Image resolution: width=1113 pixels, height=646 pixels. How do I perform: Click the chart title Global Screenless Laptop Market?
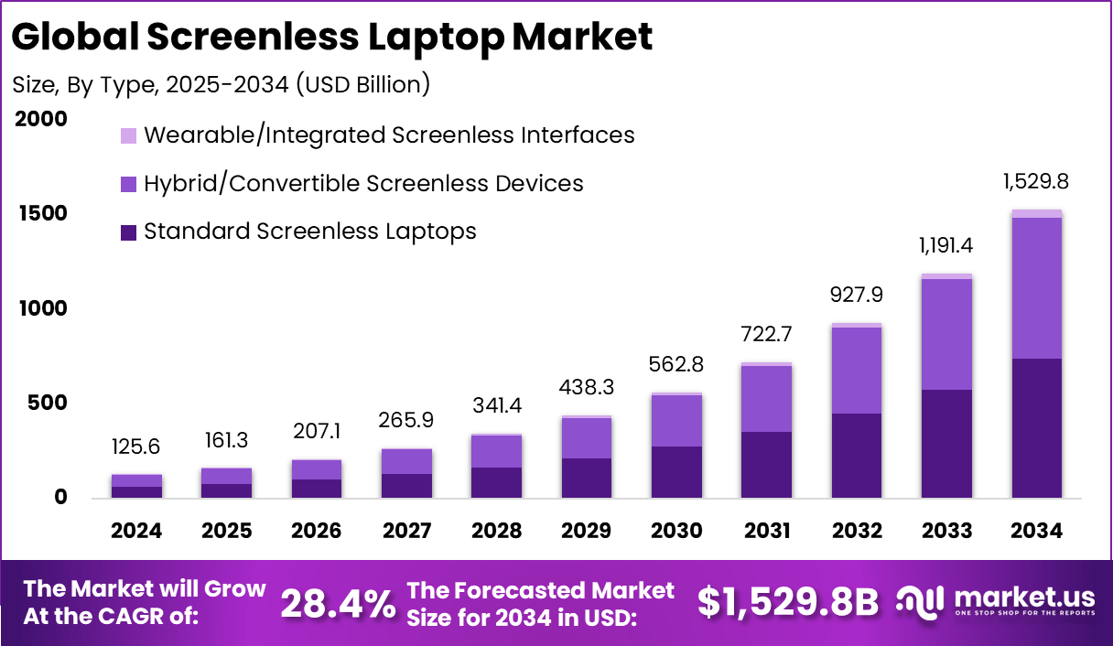pyautogui.click(x=332, y=37)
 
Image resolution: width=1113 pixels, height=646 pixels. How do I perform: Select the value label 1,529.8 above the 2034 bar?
pyautogui.click(x=1036, y=181)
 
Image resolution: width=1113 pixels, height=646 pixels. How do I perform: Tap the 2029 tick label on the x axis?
pyautogui.click(x=587, y=531)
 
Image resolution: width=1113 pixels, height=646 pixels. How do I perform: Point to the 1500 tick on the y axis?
pyautogui.click(x=42, y=213)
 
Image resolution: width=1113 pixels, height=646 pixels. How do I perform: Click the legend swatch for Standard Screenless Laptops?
pyautogui.click(x=128, y=232)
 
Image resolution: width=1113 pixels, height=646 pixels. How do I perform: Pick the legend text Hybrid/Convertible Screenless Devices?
pyautogui.click(x=363, y=183)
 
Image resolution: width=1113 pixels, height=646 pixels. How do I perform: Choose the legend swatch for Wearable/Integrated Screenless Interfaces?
pyautogui.click(x=128, y=135)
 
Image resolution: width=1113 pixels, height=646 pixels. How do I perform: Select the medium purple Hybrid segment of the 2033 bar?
pyautogui.click(x=946, y=334)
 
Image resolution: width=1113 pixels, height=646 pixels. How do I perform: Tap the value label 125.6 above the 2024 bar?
pyautogui.click(x=137, y=448)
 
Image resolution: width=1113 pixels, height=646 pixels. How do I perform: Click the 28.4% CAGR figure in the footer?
pyautogui.click(x=338, y=603)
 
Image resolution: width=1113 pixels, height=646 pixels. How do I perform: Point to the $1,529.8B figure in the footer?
pyautogui.click(x=787, y=603)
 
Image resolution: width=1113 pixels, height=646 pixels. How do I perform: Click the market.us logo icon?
pyautogui.click(x=919, y=601)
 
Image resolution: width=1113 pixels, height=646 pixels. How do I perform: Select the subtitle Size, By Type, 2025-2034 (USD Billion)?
pyautogui.click(x=221, y=85)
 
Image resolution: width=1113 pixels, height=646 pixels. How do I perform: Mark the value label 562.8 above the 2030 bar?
pyautogui.click(x=676, y=365)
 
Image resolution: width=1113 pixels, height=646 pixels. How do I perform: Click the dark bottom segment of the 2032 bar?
pyautogui.click(x=857, y=456)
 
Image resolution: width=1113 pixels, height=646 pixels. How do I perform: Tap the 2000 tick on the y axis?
pyautogui.click(x=42, y=119)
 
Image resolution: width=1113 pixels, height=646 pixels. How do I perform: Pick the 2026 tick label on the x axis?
pyautogui.click(x=317, y=531)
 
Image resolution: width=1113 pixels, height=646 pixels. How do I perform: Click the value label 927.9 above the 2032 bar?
pyautogui.click(x=857, y=296)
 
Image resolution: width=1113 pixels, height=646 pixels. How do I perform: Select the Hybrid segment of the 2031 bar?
pyautogui.click(x=767, y=399)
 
